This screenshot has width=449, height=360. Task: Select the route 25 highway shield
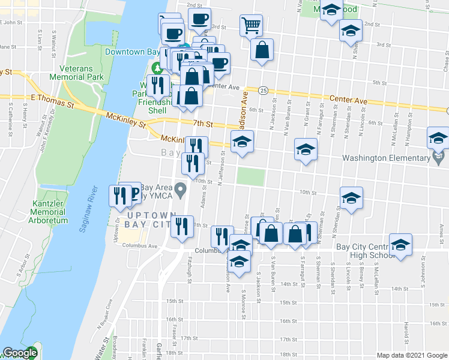point(264,90)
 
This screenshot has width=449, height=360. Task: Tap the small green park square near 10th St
point(250,177)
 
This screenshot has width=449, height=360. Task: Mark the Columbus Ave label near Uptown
point(143,245)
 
